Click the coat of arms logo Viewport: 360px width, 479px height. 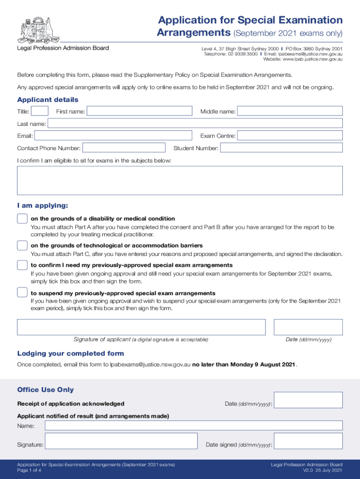35,29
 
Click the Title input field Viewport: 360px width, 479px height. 40,111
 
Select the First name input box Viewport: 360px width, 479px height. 139,111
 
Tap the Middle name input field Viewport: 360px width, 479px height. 290,111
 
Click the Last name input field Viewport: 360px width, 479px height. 195,123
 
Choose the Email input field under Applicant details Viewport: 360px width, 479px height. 113,136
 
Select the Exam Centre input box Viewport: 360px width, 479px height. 290,136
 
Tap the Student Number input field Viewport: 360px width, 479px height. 281,148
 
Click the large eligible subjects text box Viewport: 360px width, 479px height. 180,180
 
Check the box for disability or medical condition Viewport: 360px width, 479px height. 22,218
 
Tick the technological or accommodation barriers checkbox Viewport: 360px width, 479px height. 22,246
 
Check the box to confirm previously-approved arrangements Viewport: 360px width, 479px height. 22,265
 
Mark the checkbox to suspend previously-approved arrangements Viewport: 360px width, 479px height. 22,293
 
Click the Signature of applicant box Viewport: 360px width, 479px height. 141,327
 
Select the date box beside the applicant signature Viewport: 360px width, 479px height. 308,327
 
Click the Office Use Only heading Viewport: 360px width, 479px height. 45,390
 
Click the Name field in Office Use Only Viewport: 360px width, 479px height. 194,426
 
